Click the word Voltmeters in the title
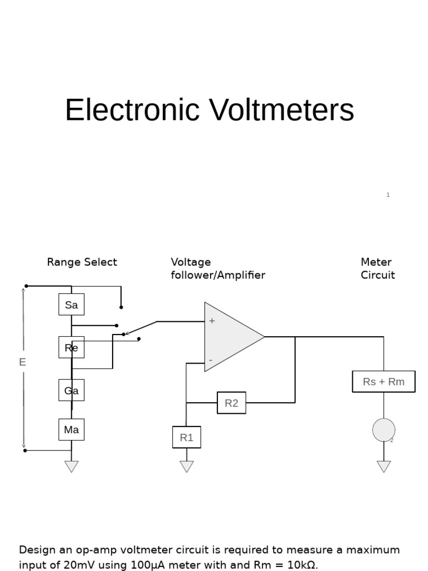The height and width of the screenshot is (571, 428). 281,110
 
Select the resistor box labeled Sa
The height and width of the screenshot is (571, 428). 71,304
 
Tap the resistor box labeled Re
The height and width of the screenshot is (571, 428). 71,347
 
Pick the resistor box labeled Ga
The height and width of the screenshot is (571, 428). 71,390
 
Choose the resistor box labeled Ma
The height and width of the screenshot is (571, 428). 71,429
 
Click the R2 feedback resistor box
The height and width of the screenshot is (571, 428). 231,403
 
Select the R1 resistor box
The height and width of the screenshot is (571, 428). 187,437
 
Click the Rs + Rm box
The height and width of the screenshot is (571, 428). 383,381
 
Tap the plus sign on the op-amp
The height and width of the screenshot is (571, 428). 212,321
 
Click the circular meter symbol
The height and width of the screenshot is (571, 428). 383,430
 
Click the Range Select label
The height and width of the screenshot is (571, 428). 82,262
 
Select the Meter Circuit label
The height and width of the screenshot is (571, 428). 377,268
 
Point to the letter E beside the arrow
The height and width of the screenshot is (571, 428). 22,362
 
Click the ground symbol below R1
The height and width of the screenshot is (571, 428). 187,466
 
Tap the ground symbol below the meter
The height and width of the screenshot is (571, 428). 383,466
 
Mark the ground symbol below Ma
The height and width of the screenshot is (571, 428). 71,466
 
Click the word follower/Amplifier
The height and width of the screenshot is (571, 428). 218,275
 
